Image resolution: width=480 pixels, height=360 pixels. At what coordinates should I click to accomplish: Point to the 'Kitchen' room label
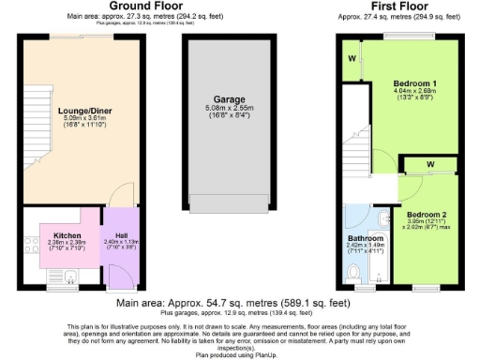click(x=67, y=235)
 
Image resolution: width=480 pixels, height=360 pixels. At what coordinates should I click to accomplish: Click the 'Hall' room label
click(x=121, y=235)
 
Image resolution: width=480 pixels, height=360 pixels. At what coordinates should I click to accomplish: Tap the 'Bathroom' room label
click(x=365, y=238)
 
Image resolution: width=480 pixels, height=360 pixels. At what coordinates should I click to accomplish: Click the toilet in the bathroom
click(x=353, y=273)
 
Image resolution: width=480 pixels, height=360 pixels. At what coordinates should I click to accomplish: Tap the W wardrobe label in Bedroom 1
click(x=352, y=61)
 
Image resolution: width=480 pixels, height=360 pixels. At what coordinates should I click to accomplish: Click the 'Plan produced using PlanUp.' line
click(x=239, y=355)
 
